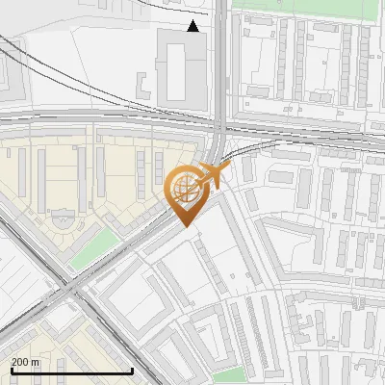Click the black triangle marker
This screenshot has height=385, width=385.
[193, 26]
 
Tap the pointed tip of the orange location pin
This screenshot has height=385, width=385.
[185, 225]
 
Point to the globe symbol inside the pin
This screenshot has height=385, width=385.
[183, 186]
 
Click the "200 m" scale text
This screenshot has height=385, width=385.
[25, 362]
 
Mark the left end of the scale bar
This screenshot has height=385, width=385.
[12, 371]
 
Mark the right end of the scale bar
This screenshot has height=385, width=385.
[132, 371]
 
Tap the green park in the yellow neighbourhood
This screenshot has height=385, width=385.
[93, 249]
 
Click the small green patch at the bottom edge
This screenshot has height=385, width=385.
[228, 375]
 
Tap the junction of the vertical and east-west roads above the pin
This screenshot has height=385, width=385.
[221, 119]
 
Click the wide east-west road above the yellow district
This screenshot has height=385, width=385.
[96, 117]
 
